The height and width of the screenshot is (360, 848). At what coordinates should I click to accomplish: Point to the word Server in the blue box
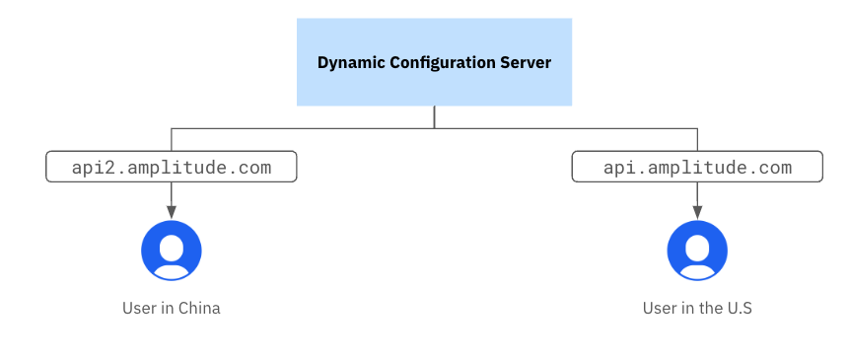528,62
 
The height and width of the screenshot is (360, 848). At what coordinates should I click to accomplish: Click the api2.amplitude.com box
172,167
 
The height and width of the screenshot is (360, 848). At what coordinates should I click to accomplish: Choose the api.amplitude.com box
697,167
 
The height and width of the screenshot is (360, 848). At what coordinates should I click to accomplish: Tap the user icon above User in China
172,251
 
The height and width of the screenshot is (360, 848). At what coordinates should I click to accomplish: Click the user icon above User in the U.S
697,251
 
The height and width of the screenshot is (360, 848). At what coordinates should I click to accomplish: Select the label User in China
172,308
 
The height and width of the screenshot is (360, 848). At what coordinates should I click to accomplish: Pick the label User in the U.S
697,308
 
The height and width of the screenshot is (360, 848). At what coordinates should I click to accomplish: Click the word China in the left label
199,308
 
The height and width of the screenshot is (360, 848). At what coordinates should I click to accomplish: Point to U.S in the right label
740,308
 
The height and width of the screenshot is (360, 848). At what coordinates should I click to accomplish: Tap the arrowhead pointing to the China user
172,213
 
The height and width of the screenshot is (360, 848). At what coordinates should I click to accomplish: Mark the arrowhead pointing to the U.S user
697,213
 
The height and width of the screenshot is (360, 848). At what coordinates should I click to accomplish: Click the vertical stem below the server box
435,116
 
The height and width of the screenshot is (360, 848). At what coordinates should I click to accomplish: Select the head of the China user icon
172,244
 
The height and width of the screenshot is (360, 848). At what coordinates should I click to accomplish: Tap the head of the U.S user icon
697,244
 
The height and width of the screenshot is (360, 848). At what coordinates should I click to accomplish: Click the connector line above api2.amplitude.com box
172,139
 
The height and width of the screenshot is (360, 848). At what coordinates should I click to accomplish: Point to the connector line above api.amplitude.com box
697,139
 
